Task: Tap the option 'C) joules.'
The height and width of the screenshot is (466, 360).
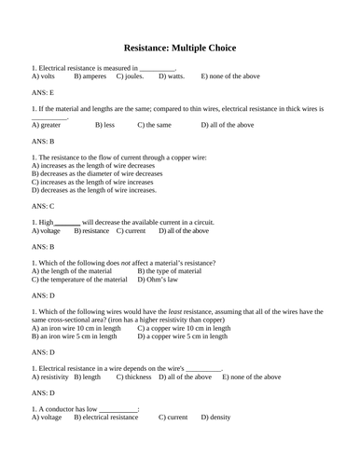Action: pyautogui.click(x=132, y=75)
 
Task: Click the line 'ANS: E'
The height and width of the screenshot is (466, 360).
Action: pyautogui.click(x=43, y=92)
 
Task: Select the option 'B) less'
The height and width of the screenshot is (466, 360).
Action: pyautogui.click(x=105, y=124)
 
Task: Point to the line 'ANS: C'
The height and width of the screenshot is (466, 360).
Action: pyautogui.click(x=43, y=205)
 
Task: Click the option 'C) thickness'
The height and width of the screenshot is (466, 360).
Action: pyautogui.click(x=133, y=377)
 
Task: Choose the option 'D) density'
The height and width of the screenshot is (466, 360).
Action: pyautogui.click(x=220, y=418)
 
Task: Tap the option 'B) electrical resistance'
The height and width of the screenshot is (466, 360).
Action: pyautogui.click(x=104, y=418)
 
